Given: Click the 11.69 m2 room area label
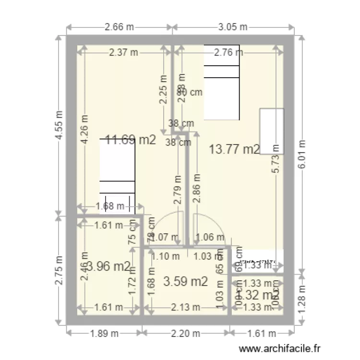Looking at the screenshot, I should pos(131,140).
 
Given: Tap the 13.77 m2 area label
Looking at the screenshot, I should pos(235,149).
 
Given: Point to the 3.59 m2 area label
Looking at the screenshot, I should pos(185,281).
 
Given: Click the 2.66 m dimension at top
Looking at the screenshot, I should pos(119,27).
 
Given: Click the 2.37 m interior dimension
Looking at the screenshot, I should pos(123,53).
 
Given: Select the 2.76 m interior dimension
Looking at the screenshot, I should pos(228,53).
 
